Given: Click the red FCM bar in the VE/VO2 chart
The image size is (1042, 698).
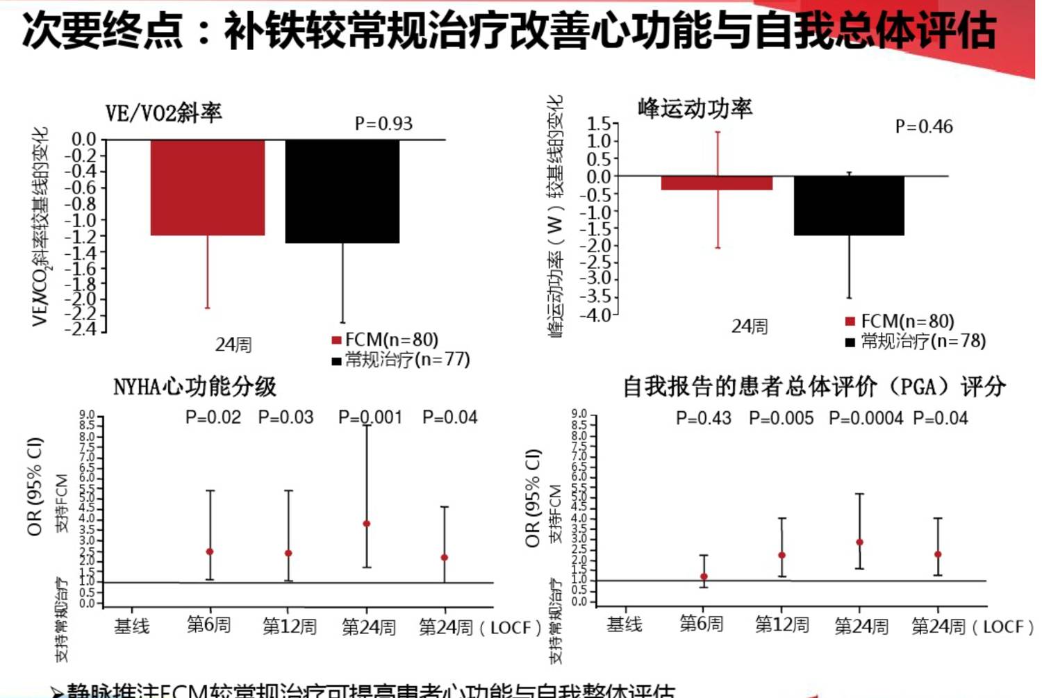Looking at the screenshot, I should click(x=207, y=187).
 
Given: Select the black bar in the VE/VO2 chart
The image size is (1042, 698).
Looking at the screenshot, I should click(x=342, y=191).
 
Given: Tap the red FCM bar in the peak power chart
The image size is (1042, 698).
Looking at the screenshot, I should click(x=716, y=183).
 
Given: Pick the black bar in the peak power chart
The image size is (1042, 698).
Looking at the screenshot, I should click(x=849, y=206).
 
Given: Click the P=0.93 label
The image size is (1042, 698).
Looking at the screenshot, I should click(x=383, y=124).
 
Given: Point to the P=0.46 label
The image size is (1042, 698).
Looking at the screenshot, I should click(x=924, y=126).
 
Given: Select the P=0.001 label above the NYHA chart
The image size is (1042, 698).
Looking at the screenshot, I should click(x=370, y=417).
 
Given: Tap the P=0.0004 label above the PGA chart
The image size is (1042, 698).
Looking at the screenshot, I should click(x=866, y=418).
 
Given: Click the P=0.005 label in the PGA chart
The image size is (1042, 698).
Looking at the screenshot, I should click(x=781, y=418).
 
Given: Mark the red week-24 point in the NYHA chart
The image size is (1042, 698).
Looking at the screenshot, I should click(x=367, y=524).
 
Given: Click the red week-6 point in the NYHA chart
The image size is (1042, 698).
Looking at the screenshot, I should click(x=210, y=551).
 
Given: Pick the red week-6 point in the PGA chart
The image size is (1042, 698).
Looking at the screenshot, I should click(x=704, y=576).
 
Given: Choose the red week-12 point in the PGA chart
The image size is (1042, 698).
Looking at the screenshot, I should click(x=781, y=555).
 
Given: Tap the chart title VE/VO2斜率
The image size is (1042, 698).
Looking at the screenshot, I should click(x=163, y=113).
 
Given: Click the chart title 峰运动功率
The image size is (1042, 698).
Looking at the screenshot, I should click(x=695, y=108).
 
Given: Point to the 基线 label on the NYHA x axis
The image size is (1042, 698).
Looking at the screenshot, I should click(x=132, y=626).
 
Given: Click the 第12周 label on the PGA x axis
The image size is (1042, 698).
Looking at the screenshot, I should click(x=781, y=625).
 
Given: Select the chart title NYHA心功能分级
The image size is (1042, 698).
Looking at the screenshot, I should click(x=195, y=387).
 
